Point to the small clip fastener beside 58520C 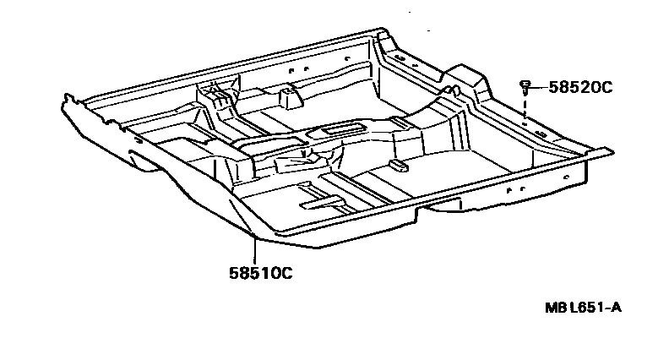(x=525, y=85)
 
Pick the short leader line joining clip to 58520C (x=537, y=85)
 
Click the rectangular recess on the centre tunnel (x=342, y=128)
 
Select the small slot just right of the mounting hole (x=538, y=129)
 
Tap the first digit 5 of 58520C (x=552, y=86)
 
